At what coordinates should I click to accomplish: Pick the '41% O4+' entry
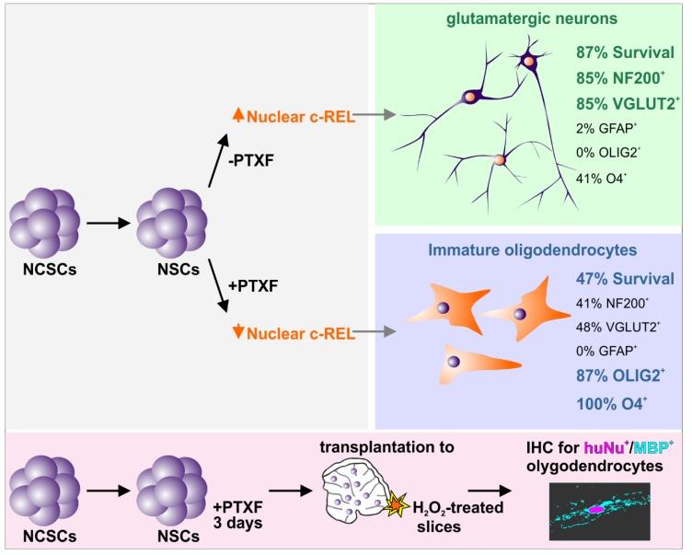[603, 177]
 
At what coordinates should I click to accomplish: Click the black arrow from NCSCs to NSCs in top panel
[103, 223]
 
